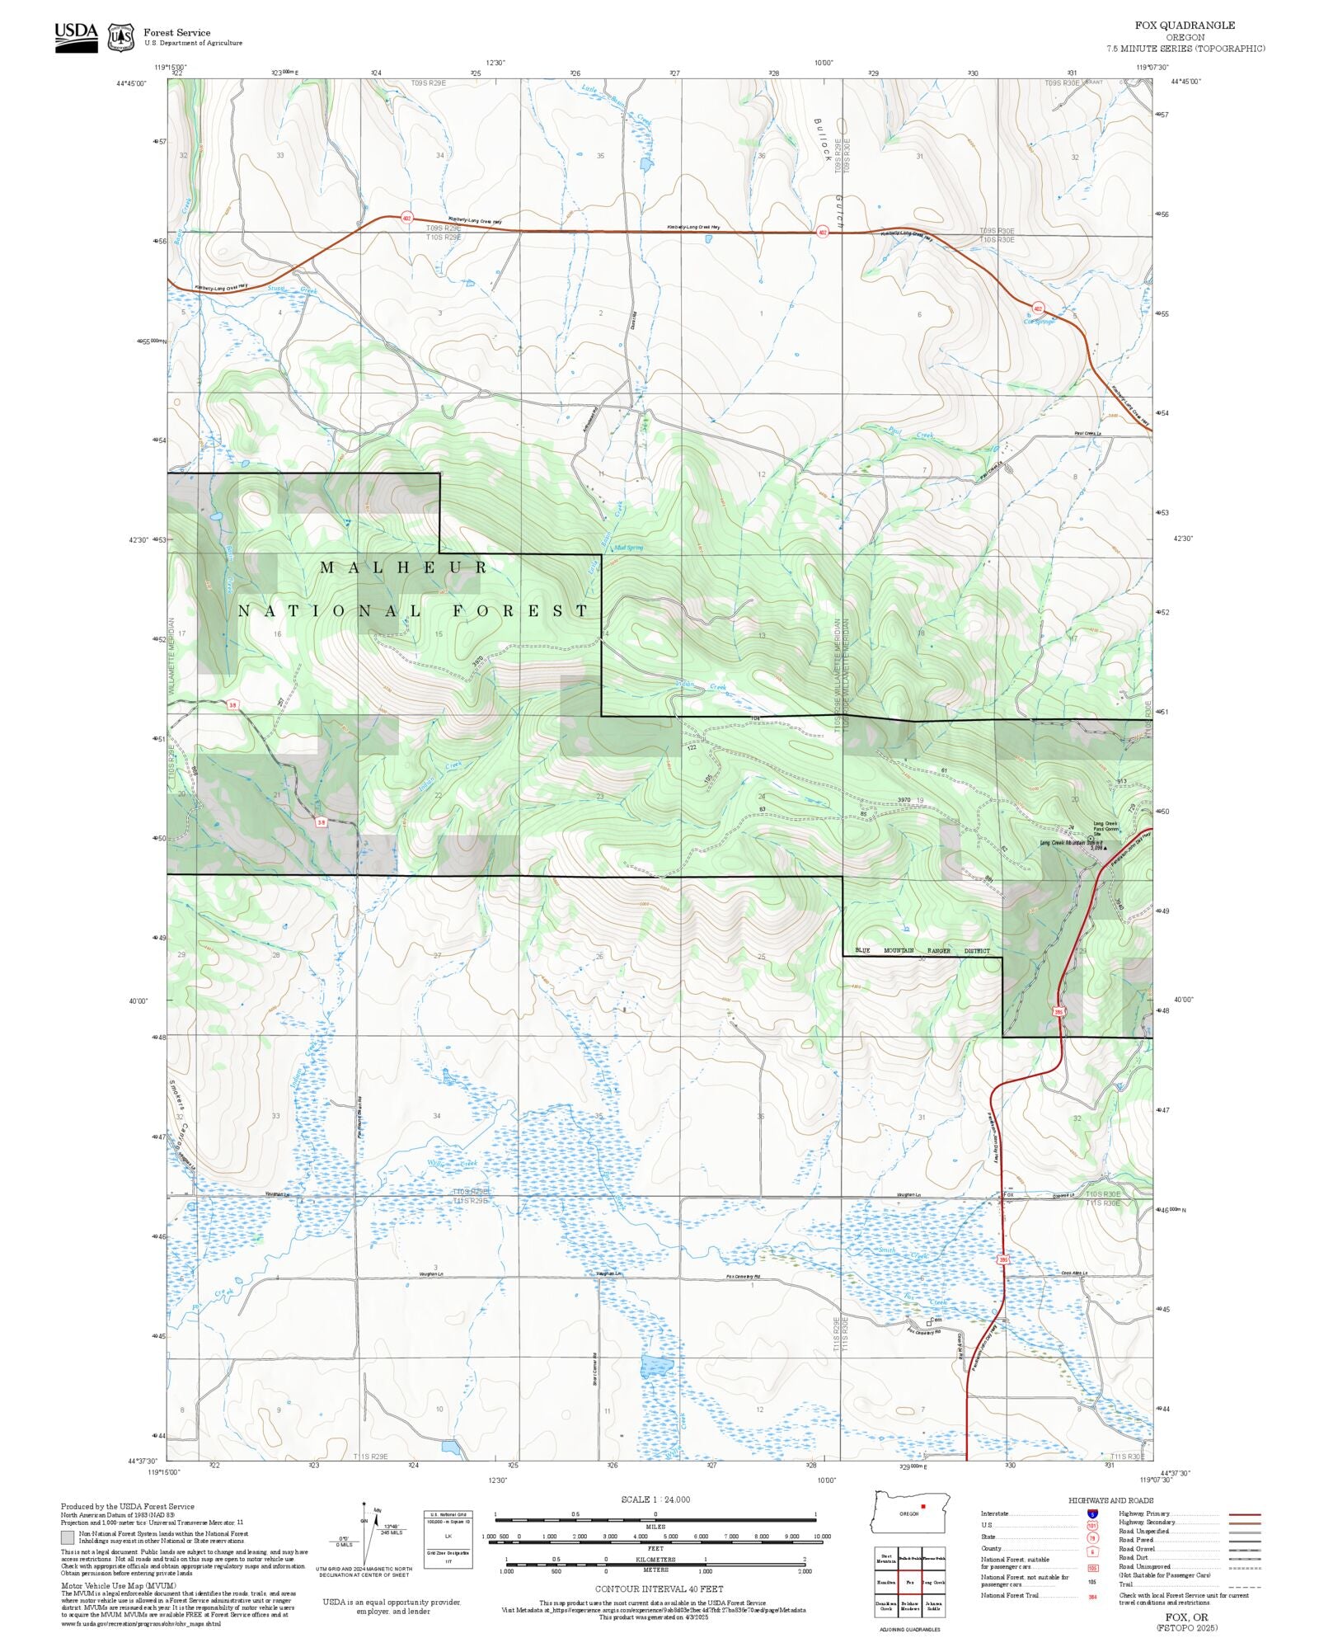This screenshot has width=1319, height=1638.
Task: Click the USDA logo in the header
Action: click(76, 37)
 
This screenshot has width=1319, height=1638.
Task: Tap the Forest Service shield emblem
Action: click(121, 37)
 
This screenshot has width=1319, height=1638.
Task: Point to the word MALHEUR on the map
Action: click(404, 567)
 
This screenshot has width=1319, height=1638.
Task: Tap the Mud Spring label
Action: click(628, 548)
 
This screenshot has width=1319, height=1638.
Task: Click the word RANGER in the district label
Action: click(938, 950)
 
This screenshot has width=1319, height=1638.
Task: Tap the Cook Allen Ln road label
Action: click(1073, 1273)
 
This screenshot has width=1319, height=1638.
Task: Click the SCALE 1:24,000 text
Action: click(655, 1499)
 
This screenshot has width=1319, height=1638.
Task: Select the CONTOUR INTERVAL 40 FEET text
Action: click(659, 1589)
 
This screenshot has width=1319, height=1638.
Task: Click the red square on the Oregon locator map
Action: click(923, 1506)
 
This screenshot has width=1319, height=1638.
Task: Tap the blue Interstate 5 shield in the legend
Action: click(1091, 1514)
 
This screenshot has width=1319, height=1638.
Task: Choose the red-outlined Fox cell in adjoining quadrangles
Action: click(909, 1583)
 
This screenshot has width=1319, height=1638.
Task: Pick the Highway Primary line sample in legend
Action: click(1244, 1514)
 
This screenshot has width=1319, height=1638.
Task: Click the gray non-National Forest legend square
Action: click(67, 1537)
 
